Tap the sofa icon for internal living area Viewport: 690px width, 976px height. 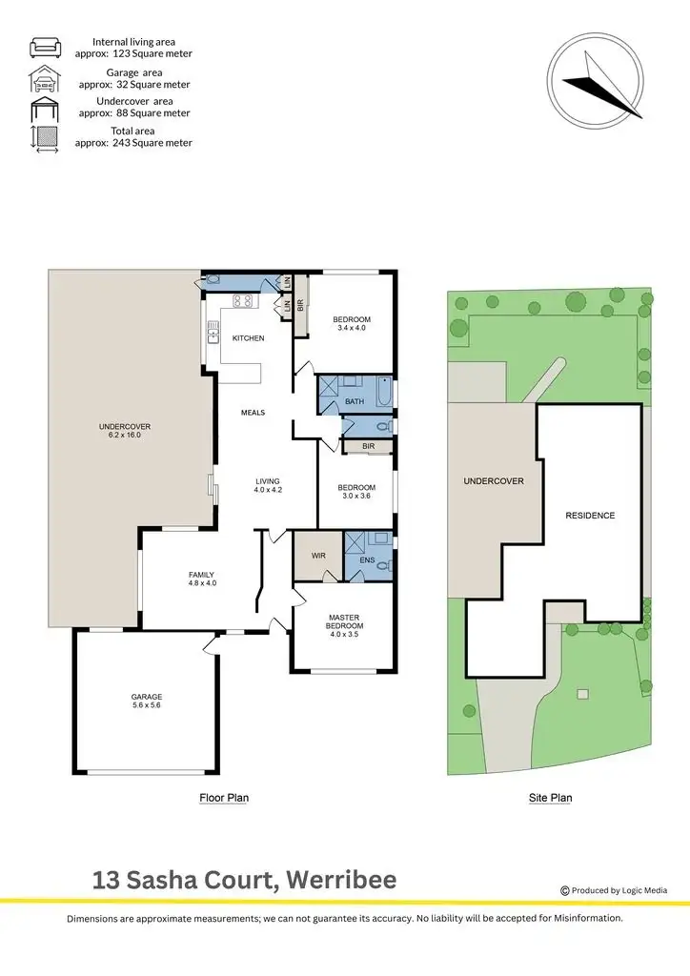pos(46,48)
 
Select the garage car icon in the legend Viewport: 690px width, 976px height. pos(46,77)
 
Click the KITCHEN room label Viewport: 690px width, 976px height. pos(249,338)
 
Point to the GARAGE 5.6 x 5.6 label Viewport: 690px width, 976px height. pos(147,701)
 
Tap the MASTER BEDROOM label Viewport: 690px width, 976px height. pos(343,625)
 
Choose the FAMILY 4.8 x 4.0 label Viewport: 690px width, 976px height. pos(201,579)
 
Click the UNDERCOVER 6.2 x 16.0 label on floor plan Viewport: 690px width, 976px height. pos(125,432)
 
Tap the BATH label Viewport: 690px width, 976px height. pos(355,401)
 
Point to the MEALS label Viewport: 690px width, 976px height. pos(253,413)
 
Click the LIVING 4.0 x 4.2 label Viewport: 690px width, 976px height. pos(269,485)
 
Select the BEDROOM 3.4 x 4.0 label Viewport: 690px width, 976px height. pos(351,324)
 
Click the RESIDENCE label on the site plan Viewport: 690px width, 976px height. pos(590,516)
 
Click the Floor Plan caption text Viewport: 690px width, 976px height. pos(224,799)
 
